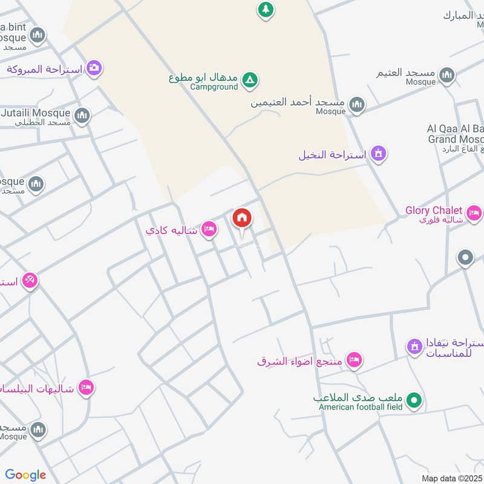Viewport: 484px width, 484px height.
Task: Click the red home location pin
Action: tap(242, 218)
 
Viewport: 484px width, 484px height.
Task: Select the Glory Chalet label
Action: tap(434, 211)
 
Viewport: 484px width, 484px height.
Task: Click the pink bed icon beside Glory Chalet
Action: tap(474, 213)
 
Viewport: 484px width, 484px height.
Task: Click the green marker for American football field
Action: tap(414, 400)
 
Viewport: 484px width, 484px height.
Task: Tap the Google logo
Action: tap(25, 475)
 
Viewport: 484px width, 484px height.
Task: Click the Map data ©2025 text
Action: tap(451, 478)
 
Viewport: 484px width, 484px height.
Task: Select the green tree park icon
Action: tap(265, 9)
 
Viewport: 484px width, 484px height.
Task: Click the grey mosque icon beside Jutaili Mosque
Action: tap(82, 115)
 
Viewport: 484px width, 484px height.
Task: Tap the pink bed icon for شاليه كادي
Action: tap(209, 229)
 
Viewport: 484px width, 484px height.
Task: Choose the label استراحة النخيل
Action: tap(332, 155)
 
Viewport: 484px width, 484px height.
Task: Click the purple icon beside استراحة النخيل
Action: tap(379, 154)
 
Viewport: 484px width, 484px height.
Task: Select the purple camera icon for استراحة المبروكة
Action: tap(94, 68)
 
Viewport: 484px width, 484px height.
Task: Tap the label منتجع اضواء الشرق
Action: tap(299, 361)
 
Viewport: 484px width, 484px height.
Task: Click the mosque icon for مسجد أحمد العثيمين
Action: tap(357, 105)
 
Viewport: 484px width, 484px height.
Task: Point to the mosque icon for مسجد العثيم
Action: tap(447, 75)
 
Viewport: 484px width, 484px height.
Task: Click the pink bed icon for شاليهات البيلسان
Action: tap(87, 387)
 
